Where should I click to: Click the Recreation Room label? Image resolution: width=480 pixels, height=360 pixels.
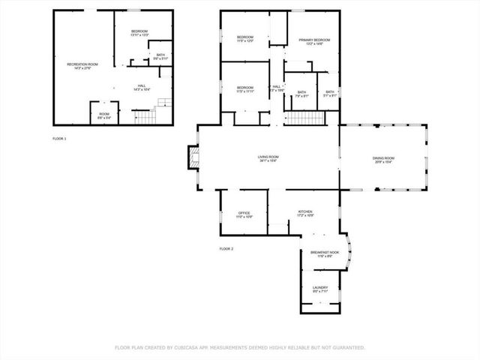(x=82, y=66)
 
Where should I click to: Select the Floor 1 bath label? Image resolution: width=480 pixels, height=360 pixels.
(x=160, y=56)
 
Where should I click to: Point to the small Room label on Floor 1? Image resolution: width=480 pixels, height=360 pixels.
(x=104, y=115)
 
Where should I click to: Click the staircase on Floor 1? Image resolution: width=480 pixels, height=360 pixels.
(x=151, y=116)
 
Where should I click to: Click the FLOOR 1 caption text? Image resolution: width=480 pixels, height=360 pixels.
(x=59, y=139)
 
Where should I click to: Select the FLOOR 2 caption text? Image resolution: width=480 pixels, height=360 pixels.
(x=226, y=248)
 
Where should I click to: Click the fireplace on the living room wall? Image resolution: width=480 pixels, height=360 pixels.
(x=193, y=157)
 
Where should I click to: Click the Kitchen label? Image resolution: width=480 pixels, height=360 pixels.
(x=305, y=213)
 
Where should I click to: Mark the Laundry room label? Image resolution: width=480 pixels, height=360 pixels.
(x=319, y=289)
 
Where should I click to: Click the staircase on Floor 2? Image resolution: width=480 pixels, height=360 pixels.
(x=304, y=118)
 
